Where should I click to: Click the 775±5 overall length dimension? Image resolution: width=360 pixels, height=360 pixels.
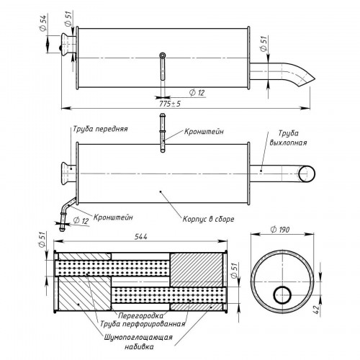pos(170,104)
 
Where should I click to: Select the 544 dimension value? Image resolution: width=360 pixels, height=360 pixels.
pos(140,237)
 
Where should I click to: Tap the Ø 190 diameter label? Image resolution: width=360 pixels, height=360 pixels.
pos(280,230)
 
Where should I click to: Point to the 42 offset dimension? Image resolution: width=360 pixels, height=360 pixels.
pos(317,309)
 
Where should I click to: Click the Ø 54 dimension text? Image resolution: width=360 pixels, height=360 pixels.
pos(42,22)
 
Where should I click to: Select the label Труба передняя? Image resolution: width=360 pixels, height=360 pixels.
pos(100,129)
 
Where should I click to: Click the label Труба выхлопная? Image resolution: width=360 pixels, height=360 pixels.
pos(288,138)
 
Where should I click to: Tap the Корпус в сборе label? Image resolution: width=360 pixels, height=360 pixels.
pos(208,219)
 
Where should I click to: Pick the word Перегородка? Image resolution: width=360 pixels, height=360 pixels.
pos(140,315)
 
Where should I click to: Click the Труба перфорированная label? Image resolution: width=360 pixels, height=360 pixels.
pos(143,324)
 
